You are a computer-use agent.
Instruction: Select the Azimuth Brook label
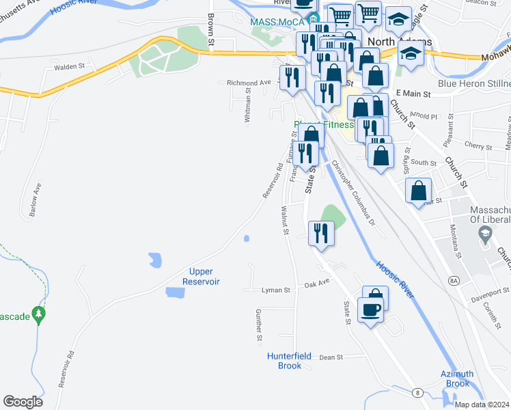tap(458, 379)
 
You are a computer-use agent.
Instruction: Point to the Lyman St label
tap(276, 290)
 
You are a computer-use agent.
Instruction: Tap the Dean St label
tap(330, 357)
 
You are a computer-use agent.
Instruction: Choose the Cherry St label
tap(478, 147)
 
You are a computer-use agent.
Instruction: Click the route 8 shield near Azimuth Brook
tap(417, 392)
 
